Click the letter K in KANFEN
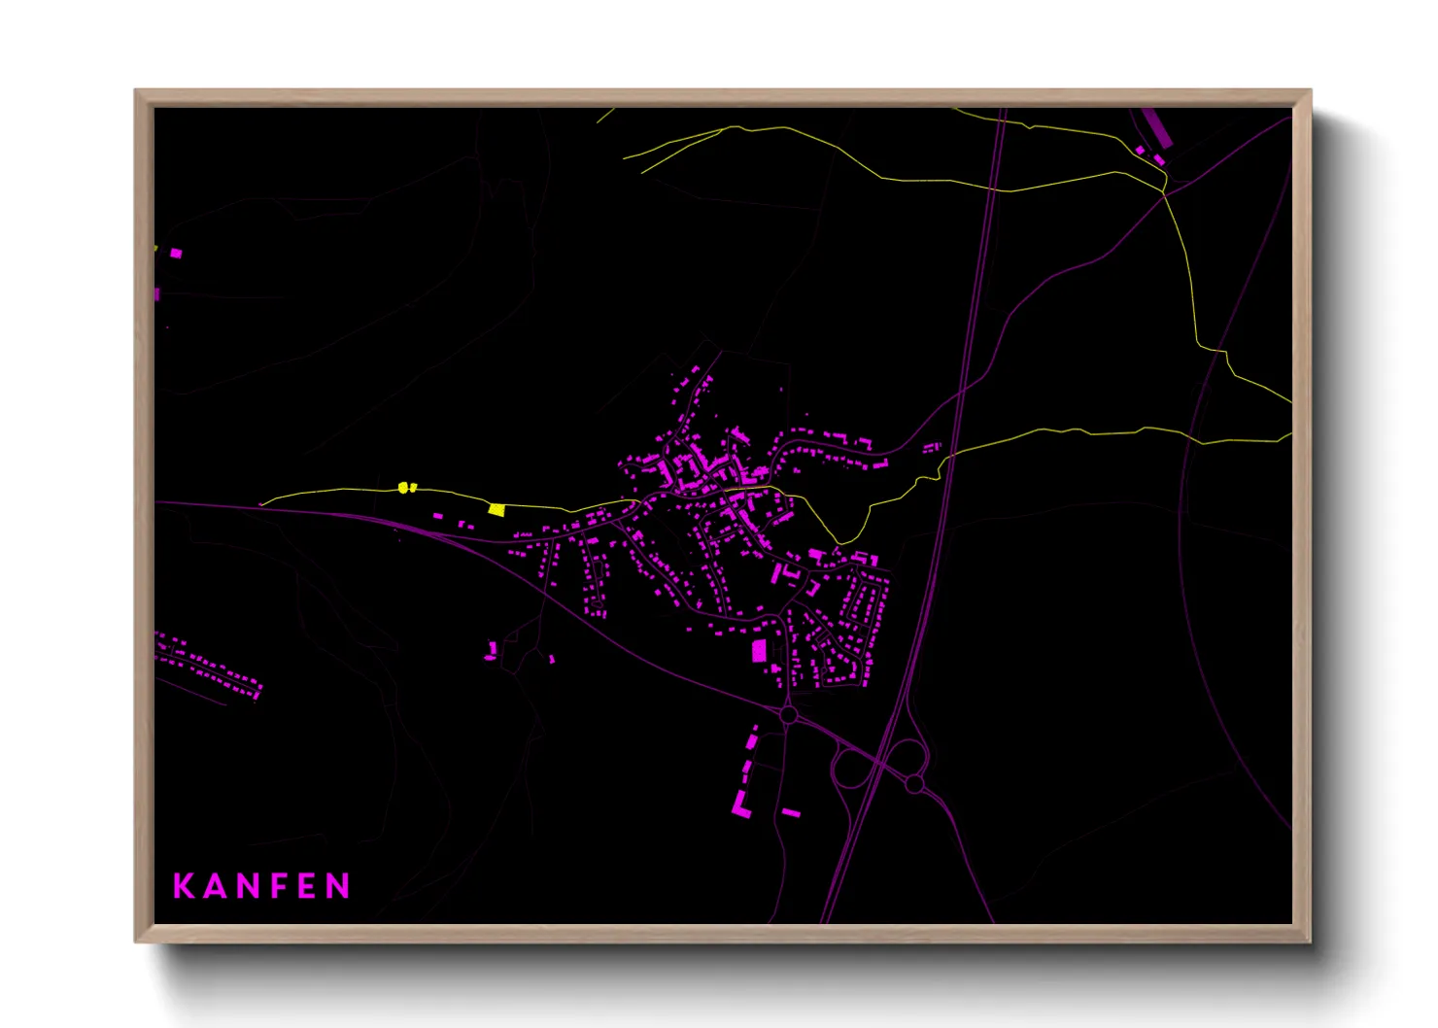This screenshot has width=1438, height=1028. (184, 886)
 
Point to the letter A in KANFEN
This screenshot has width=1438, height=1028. (214, 886)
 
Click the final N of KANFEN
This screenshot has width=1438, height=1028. (338, 886)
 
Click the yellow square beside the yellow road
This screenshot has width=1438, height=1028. (496, 509)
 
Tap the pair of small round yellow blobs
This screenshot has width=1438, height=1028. (406, 487)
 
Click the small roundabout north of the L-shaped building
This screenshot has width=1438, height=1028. (789, 715)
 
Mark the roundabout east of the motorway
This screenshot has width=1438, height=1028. (914, 783)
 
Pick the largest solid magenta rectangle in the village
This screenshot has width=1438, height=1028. (759, 650)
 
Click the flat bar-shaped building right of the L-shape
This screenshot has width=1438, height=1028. (791, 812)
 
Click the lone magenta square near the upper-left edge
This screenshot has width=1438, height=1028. (176, 254)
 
